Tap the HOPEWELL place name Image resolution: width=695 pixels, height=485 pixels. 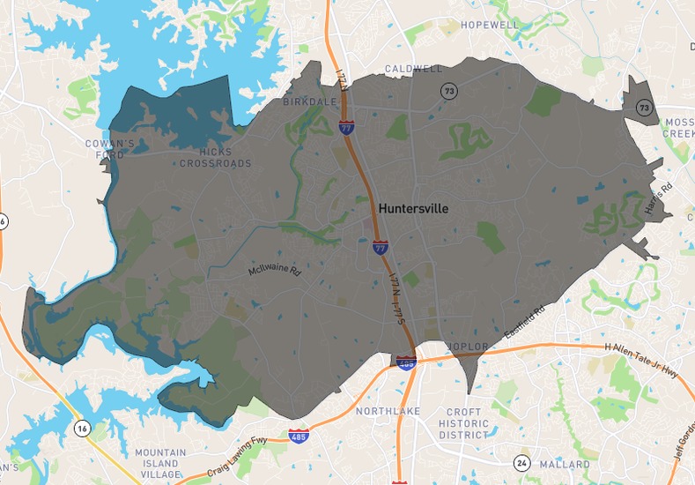pyautogui.click(x=490, y=25)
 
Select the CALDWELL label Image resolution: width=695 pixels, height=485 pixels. pyautogui.click(x=413, y=69)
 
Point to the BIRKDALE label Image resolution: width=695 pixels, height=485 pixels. pyautogui.click(x=310, y=102)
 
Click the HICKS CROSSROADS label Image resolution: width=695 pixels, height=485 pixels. pyautogui.click(x=215, y=158)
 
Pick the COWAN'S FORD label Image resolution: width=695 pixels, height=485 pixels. pyautogui.click(x=110, y=149)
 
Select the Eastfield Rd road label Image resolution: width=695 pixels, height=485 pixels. pyautogui.click(x=525, y=323)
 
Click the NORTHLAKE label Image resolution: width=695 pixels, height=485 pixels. pyautogui.click(x=388, y=412)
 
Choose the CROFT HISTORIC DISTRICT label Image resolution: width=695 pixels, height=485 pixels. pyautogui.click(x=464, y=424)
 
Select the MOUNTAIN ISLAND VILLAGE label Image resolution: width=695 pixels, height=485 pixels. pyautogui.click(x=160, y=463)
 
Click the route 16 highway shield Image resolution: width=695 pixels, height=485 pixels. pyautogui.click(x=82, y=428)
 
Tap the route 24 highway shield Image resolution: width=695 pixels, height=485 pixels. pyautogui.click(x=521, y=461)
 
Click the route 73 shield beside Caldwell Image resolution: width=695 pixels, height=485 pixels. pyautogui.click(x=448, y=90)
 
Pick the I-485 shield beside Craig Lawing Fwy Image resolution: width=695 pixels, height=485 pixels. pyautogui.click(x=298, y=436)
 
